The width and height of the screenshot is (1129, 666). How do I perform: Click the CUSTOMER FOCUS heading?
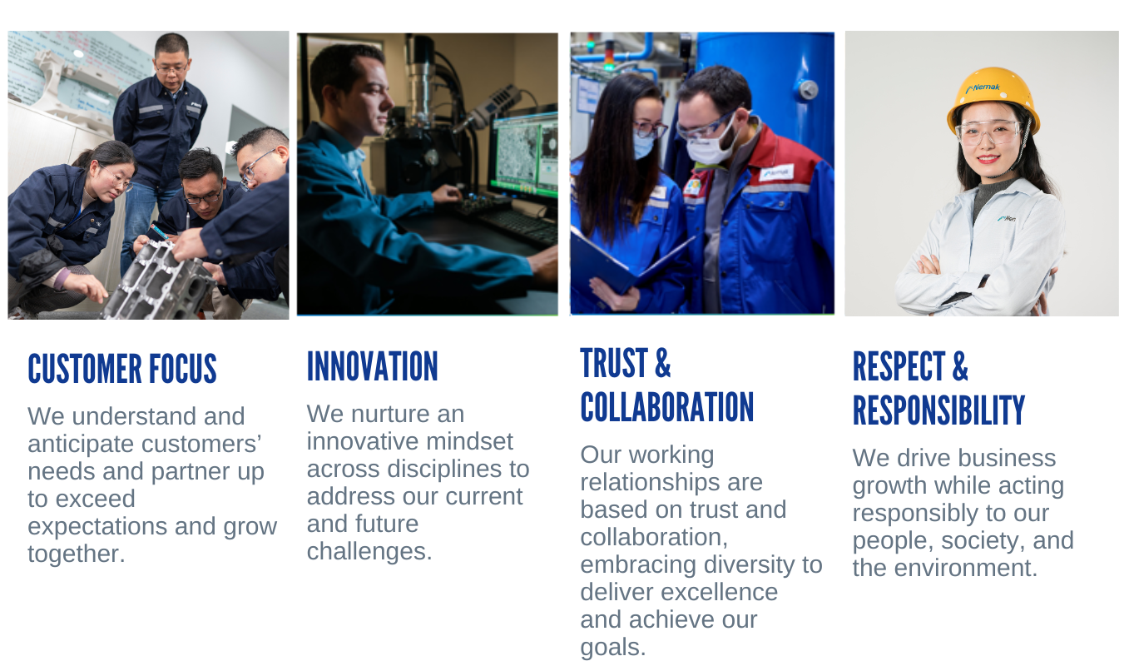(x=122, y=369)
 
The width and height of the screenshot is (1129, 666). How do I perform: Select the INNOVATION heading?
(x=373, y=366)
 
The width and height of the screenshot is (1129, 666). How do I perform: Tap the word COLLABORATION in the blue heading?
(x=666, y=407)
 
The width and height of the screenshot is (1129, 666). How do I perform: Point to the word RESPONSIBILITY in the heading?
(x=938, y=410)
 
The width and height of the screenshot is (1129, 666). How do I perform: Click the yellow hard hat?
(x=992, y=99)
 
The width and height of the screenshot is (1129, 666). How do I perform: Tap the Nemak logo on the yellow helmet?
(x=983, y=88)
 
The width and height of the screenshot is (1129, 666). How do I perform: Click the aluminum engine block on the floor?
(x=159, y=281)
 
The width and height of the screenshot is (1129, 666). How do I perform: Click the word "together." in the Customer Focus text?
(x=76, y=554)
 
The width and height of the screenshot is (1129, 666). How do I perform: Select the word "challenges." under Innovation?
(x=369, y=552)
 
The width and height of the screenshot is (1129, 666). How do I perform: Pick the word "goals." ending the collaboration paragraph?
(x=613, y=648)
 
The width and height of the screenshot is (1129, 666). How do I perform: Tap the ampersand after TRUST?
(x=663, y=362)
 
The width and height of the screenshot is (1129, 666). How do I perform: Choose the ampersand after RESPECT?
(x=959, y=366)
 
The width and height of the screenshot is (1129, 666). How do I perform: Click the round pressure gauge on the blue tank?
(x=807, y=90)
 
